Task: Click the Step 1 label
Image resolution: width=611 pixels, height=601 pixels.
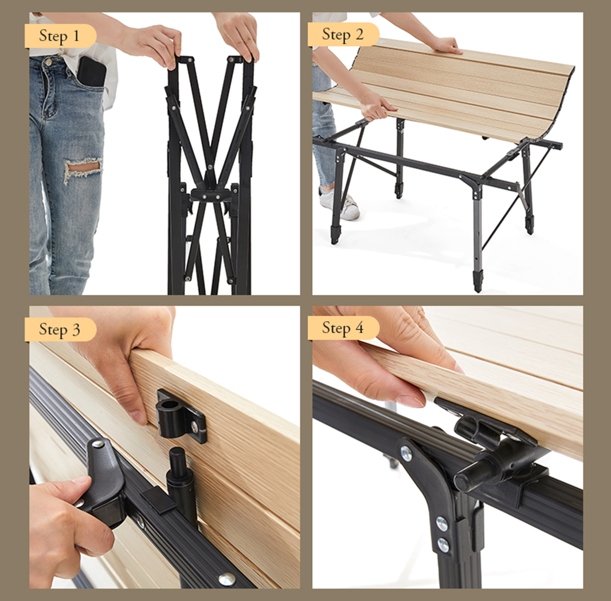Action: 59,36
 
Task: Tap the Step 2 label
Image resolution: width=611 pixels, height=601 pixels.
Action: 343,34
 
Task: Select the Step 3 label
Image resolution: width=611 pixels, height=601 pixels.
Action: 59,329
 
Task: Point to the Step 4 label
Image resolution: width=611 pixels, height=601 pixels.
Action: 343,328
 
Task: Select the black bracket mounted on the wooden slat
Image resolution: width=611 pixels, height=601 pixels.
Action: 181,416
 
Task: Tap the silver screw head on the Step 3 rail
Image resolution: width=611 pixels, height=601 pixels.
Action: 227,579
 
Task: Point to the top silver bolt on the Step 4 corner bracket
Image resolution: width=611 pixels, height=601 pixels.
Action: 406,453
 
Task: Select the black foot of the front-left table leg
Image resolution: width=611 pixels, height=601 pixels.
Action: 335,234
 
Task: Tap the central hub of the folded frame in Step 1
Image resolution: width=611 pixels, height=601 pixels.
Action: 210,194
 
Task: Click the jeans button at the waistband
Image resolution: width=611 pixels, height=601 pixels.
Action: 48,61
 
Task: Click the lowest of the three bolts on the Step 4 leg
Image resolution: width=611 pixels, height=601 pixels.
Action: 443,545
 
